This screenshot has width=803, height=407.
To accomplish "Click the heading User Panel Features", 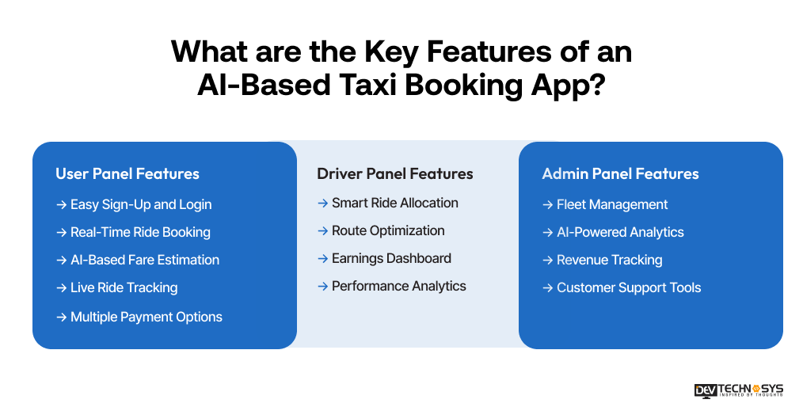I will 127,173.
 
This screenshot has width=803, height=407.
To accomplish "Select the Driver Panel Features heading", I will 394,173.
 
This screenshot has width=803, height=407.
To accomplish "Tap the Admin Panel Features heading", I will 620,173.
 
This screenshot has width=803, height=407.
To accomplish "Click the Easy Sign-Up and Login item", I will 140,204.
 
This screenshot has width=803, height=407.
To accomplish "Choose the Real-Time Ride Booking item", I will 140,232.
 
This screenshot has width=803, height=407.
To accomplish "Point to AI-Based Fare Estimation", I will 144,260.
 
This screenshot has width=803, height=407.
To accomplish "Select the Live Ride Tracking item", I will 124,287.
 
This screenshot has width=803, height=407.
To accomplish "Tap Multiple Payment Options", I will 146,317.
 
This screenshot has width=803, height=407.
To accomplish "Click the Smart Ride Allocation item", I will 394,203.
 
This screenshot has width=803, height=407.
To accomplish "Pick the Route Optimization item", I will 388,230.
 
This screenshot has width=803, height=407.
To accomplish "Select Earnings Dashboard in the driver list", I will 391,258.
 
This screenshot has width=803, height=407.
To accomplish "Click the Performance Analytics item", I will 398,286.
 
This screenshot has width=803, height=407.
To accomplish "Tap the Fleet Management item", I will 611,204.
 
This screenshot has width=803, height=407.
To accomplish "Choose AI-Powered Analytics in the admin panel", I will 619,232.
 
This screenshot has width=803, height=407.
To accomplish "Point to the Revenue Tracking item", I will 609,260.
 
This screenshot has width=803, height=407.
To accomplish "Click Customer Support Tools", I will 628,287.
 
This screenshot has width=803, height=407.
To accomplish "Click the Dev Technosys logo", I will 738,390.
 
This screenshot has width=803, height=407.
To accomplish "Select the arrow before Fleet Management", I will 547,204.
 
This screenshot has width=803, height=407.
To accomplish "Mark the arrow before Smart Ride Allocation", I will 322,203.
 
